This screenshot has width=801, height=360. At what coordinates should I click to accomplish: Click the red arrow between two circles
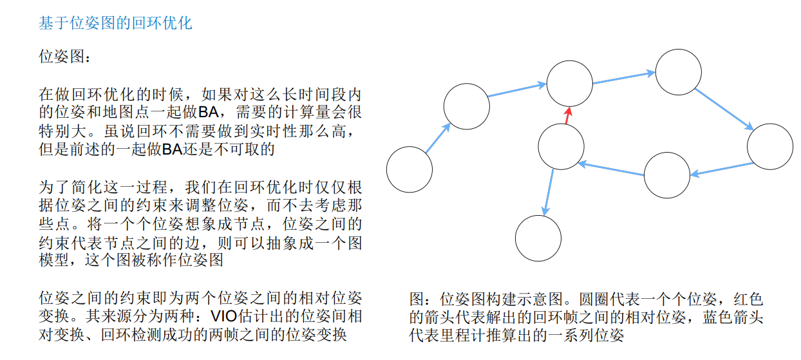click(x=567, y=115)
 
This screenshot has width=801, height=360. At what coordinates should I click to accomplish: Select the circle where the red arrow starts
click(x=561, y=147)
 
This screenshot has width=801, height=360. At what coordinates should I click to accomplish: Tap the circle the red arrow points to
click(x=570, y=83)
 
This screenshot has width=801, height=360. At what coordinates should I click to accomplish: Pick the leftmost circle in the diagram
click(x=410, y=169)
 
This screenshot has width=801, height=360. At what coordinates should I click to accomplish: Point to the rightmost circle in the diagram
click(x=770, y=147)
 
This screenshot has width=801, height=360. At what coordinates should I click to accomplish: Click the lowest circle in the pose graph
click(x=538, y=238)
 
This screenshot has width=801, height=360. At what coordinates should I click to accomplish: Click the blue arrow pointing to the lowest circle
click(x=549, y=192)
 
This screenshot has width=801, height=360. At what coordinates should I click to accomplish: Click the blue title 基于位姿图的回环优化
click(x=116, y=24)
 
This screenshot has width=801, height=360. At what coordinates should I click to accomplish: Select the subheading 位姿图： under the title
click(x=61, y=56)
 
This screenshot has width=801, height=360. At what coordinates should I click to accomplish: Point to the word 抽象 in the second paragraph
click(x=290, y=243)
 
